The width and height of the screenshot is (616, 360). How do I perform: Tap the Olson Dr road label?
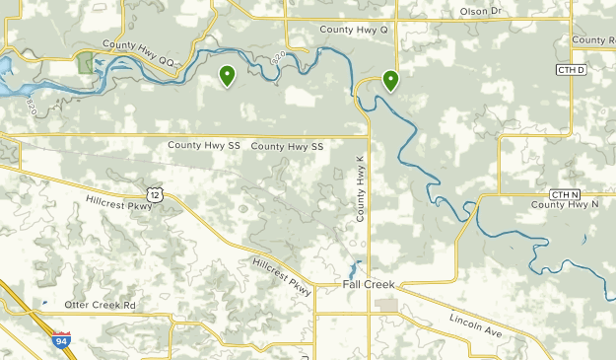tap(481, 12)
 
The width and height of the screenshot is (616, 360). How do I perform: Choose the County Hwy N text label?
tap(565, 205)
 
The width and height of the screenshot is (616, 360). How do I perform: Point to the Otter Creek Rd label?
tap(101, 305)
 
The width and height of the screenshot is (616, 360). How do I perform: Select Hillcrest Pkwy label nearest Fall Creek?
tap(282, 277)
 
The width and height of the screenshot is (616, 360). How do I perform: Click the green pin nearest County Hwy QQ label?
tap(227, 75)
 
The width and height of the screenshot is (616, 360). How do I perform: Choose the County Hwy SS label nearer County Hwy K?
tap(287, 146)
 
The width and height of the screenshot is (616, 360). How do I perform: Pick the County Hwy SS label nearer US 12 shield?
tap(203, 145)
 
